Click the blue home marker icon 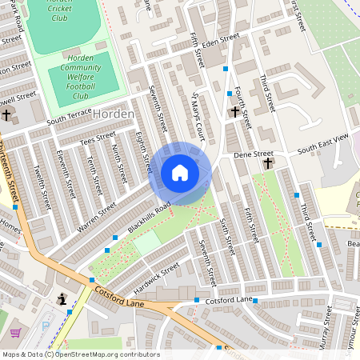(180, 172)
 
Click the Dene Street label (253, 153)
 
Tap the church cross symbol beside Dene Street (268, 163)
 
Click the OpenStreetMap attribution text (80, 354)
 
